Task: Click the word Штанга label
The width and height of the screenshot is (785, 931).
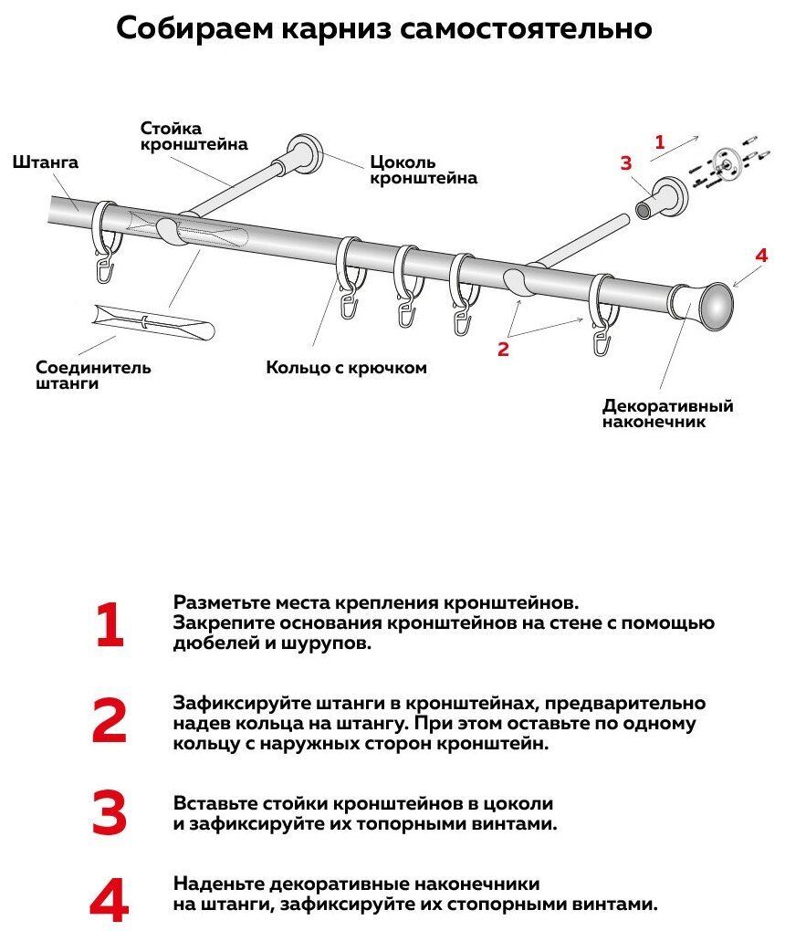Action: [46, 162]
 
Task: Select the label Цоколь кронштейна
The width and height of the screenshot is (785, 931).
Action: [423, 170]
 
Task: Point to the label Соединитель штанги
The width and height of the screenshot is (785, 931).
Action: [93, 376]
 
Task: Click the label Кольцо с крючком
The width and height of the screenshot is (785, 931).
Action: [347, 368]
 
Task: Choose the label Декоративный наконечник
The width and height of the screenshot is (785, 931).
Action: [668, 413]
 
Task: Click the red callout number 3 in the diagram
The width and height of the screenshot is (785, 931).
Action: [625, 163]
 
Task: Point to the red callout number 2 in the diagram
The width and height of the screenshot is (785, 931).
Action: [503, 348]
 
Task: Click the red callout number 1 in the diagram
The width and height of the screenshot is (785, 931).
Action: [659, 142]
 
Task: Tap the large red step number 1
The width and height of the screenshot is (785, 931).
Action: [110, 626]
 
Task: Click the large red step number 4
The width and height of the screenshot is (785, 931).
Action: [110, 898]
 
